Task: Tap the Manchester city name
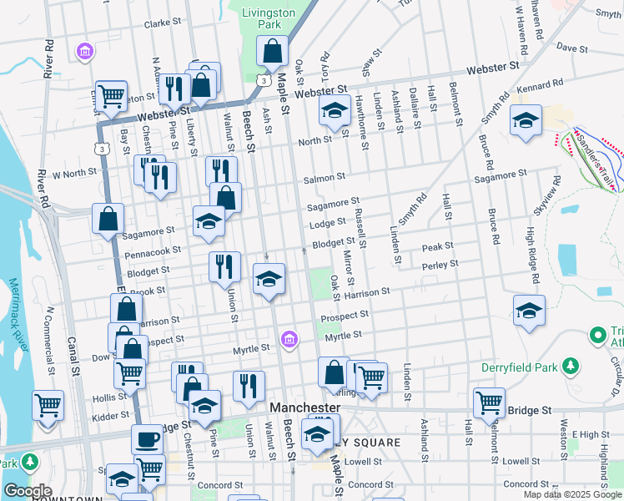pyautogui.click(x=306, y=407)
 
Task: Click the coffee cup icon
pyautogui.click(x=148, y=438)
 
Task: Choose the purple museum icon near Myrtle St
pyautogui.click(x=289, y=338)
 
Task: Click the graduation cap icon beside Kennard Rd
pyautogui.click(x=526, y=120)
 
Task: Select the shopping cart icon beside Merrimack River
pyautogui.click(x=48, y=405)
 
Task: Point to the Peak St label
pyautogui.click(x=437, y=246)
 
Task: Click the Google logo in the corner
pyautogui.click(x=28, y=491)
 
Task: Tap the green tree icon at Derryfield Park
pyautogui.click(x=571, y=366)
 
